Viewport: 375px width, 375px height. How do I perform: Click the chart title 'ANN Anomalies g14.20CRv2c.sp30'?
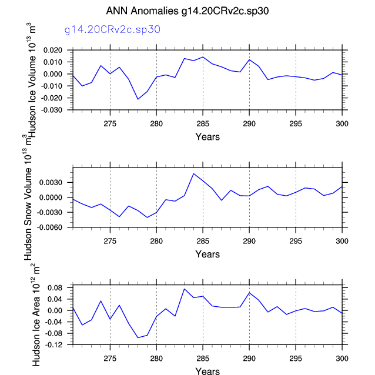pos(187,11)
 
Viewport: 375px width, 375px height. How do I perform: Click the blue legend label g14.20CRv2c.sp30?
pos(113,28)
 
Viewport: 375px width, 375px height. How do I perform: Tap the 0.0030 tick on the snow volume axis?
pos(59,183)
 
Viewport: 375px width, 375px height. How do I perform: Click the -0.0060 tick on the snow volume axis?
pos(58,227)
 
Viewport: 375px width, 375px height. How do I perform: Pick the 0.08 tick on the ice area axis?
pos(62,287)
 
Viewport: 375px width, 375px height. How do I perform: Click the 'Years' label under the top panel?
pos(207,137)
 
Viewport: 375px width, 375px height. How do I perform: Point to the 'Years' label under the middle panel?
pos(207,255)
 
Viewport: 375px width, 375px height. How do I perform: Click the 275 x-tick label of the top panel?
pos(110,123)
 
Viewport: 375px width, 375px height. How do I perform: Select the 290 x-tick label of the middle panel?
pos(249,241)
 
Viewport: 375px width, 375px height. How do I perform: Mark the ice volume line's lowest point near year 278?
pos(138,99)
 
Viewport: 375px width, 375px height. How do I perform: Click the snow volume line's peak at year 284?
pos(193,173)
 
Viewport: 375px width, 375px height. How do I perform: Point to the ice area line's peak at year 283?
pos(184,289)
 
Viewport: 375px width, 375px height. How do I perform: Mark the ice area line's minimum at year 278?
pos(138,337)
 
